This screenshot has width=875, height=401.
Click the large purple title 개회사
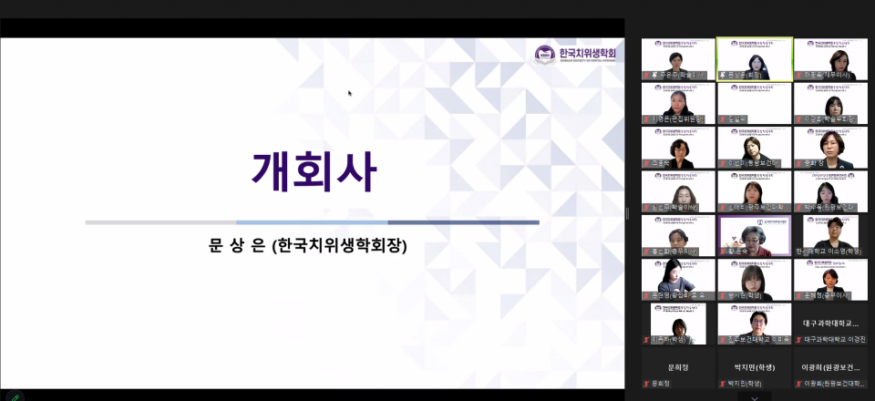313,170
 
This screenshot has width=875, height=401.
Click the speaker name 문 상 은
238,246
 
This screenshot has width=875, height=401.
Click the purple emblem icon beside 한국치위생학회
545,54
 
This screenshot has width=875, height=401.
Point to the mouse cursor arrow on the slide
350,92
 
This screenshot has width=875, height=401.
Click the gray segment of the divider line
160,221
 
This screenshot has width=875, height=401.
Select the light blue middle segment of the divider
312,221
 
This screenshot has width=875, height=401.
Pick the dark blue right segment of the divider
463,221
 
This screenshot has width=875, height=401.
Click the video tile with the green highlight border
754,58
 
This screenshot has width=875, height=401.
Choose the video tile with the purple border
754,235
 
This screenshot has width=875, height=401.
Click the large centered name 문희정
677,367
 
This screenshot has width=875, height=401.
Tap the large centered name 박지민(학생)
754,367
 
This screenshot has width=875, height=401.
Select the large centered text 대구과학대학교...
830,323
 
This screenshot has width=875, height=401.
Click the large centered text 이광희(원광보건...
830,367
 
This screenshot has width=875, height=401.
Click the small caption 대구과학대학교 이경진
834,339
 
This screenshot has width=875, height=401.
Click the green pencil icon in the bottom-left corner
13,396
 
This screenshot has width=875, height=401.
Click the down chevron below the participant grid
754,396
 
